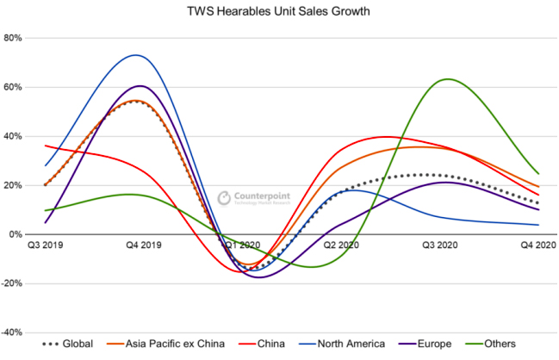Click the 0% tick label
pyautogui.click(x=16, y=234)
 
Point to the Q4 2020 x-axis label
pyautogui.click(x=535, y=245)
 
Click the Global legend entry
pyautogui.click(x=69, y=344)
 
